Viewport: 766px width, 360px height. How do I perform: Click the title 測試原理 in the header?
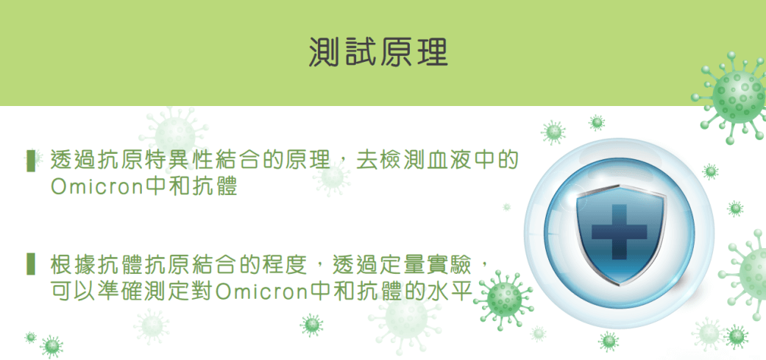pos(379,52)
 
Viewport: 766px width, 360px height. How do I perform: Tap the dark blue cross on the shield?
pos(619,232)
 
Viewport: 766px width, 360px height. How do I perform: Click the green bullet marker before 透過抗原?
pos(31,161)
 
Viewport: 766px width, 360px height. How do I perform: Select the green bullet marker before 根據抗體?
pos(31,264)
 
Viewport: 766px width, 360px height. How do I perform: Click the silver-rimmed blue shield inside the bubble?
pos(620,234)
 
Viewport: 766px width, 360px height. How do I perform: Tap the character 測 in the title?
pos(325,52)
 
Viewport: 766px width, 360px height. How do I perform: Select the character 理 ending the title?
pos(433,52)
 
